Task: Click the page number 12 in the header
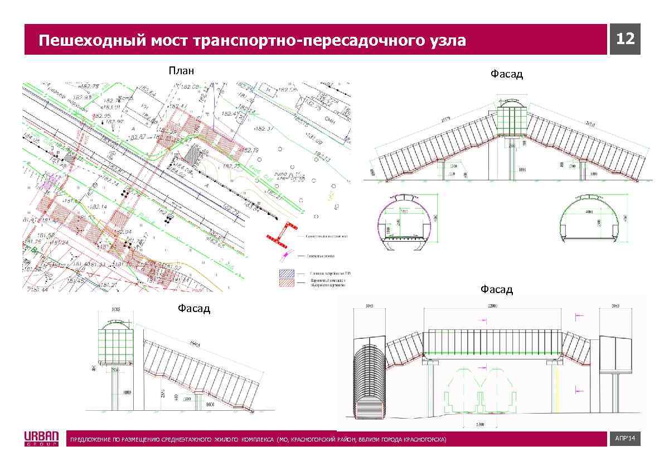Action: coord(625,39)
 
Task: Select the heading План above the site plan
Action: coord(182,70)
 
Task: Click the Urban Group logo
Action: coord(41,439)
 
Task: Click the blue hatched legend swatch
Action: coord(289,274)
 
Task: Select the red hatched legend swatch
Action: coord(289,283)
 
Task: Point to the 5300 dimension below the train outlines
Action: coord(480,425)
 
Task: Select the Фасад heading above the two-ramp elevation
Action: coord(506,74)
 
